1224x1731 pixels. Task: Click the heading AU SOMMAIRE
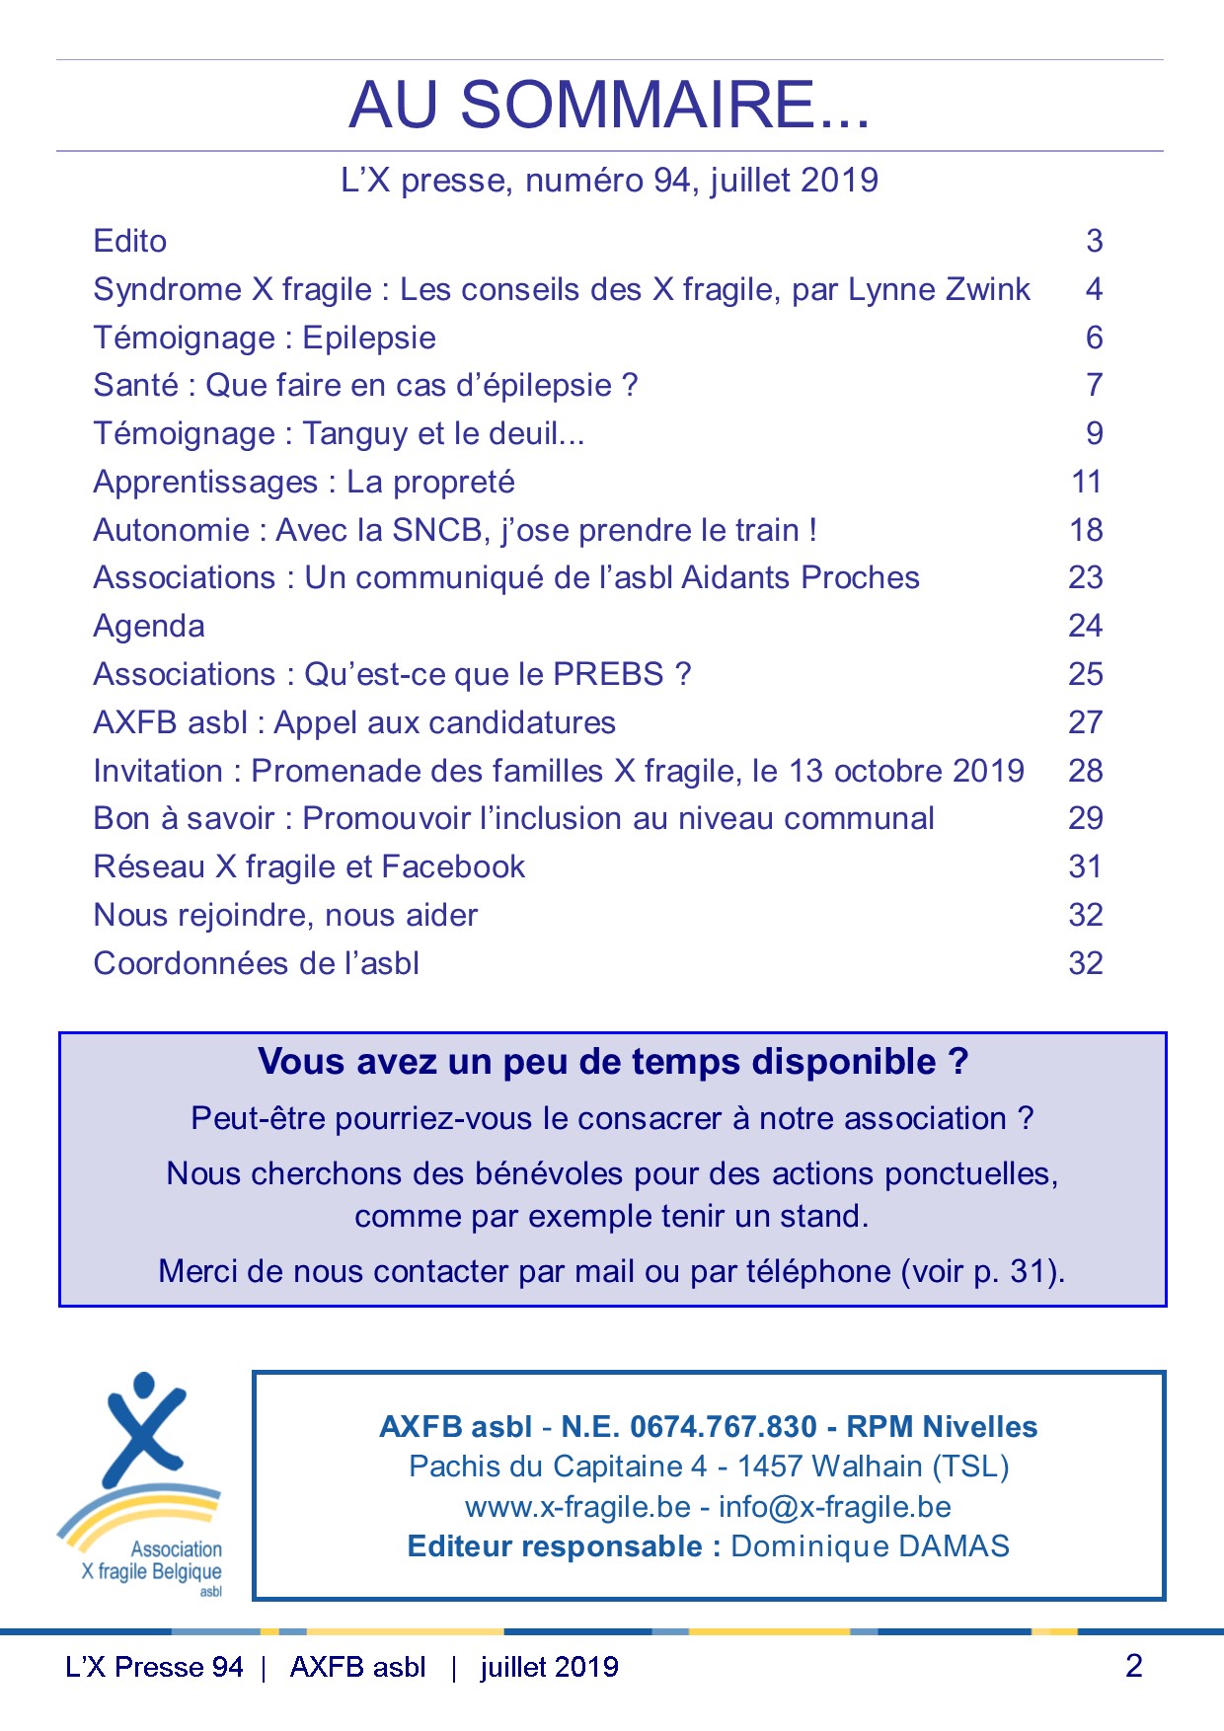click(x=609, y=105)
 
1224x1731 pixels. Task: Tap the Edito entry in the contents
click(x=130, y=241)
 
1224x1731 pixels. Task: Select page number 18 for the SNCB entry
click(x=1086, y=530)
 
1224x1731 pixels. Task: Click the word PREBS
click(x=608, y=674)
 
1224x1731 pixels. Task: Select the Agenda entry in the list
click(x=149, y=626)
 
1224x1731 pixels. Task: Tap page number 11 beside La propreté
click(x=1087, y=482)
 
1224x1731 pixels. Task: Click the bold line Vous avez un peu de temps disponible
click(x=612, y=1062)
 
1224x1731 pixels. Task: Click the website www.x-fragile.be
click(x=577, y=1507)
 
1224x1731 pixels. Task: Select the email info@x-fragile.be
click(x=835, y=1507)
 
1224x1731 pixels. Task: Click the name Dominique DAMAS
click(x=870, y=1546)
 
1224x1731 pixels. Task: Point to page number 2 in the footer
click(x=1133, y=1666)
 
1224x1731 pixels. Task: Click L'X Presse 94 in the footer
click(x=154, y=1667)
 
